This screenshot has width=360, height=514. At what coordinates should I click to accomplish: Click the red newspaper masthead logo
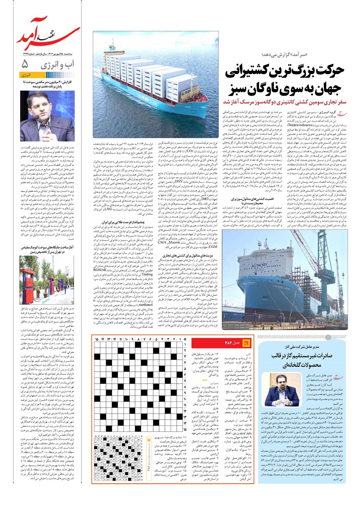point(48,37)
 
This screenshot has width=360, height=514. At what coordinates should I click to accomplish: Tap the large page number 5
point(25,63)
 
